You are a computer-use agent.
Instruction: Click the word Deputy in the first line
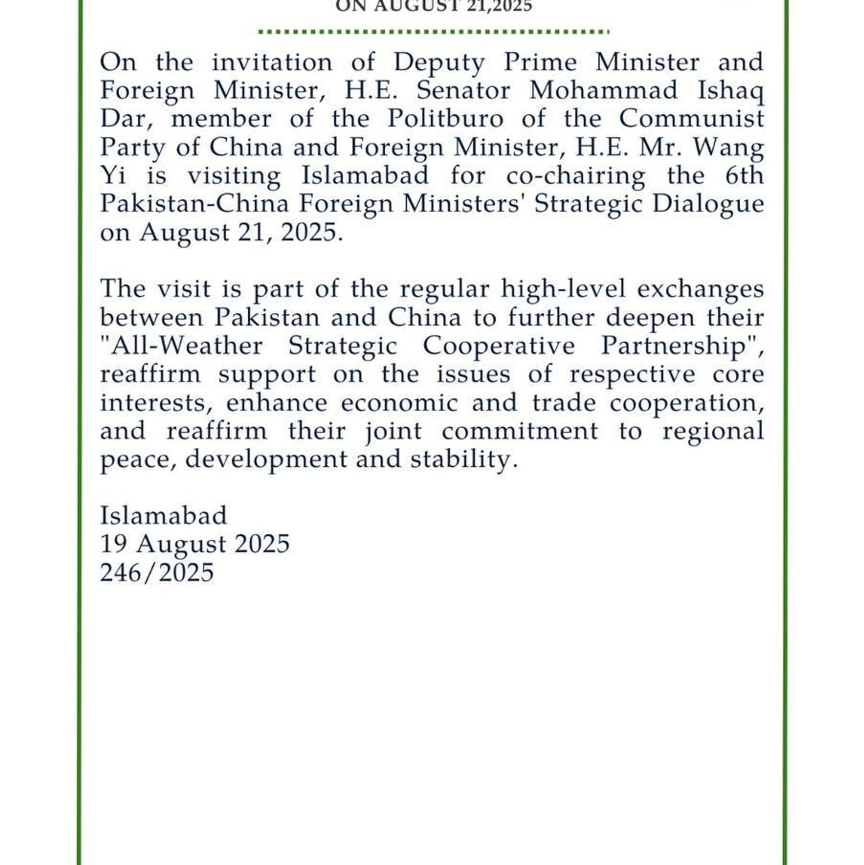click(439, 63)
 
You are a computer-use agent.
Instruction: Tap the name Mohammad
click(603, 90)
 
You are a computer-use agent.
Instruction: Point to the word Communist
click(691, 119)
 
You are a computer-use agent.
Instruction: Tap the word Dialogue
click(708, 204)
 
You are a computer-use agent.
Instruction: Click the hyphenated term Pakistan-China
click(194, 204)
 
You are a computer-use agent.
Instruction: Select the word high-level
click(563, 288)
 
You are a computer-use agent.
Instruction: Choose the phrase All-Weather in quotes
click(181, 346)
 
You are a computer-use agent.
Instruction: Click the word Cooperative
click(499, 346)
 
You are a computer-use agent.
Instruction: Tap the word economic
click(399, 402)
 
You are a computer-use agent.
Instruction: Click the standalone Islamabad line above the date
click(163, 516)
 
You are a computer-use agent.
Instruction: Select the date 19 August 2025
click(194, 544)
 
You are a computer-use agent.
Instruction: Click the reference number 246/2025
click(157, 573)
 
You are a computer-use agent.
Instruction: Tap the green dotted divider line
click(434, 32)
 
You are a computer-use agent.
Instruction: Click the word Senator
click(463, 90)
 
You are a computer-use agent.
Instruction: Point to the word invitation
click(272, 63)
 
